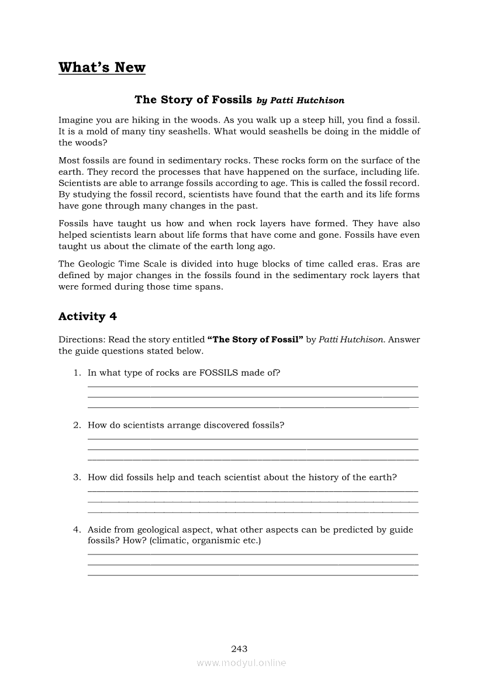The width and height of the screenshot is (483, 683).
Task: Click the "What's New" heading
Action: [x=102, y=67]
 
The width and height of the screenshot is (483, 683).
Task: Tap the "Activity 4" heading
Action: [x=87, y=316]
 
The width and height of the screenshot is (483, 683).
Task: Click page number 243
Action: [x=239, y=649]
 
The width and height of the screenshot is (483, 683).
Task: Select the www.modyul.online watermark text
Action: [x=241, y=663]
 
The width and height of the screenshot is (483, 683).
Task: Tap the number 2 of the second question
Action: [x=76, y=425]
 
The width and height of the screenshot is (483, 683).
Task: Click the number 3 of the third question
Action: [x=76, y=477]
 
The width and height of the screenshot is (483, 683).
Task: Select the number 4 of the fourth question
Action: [x=76, y=530]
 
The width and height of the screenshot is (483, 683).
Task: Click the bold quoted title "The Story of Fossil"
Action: [x=256, y=339]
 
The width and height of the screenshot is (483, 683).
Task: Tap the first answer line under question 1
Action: [x=253, y=386]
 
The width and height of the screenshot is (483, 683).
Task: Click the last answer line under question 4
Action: [x=253, y=575]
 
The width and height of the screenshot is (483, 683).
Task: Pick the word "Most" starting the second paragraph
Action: [x=69, y=161]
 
